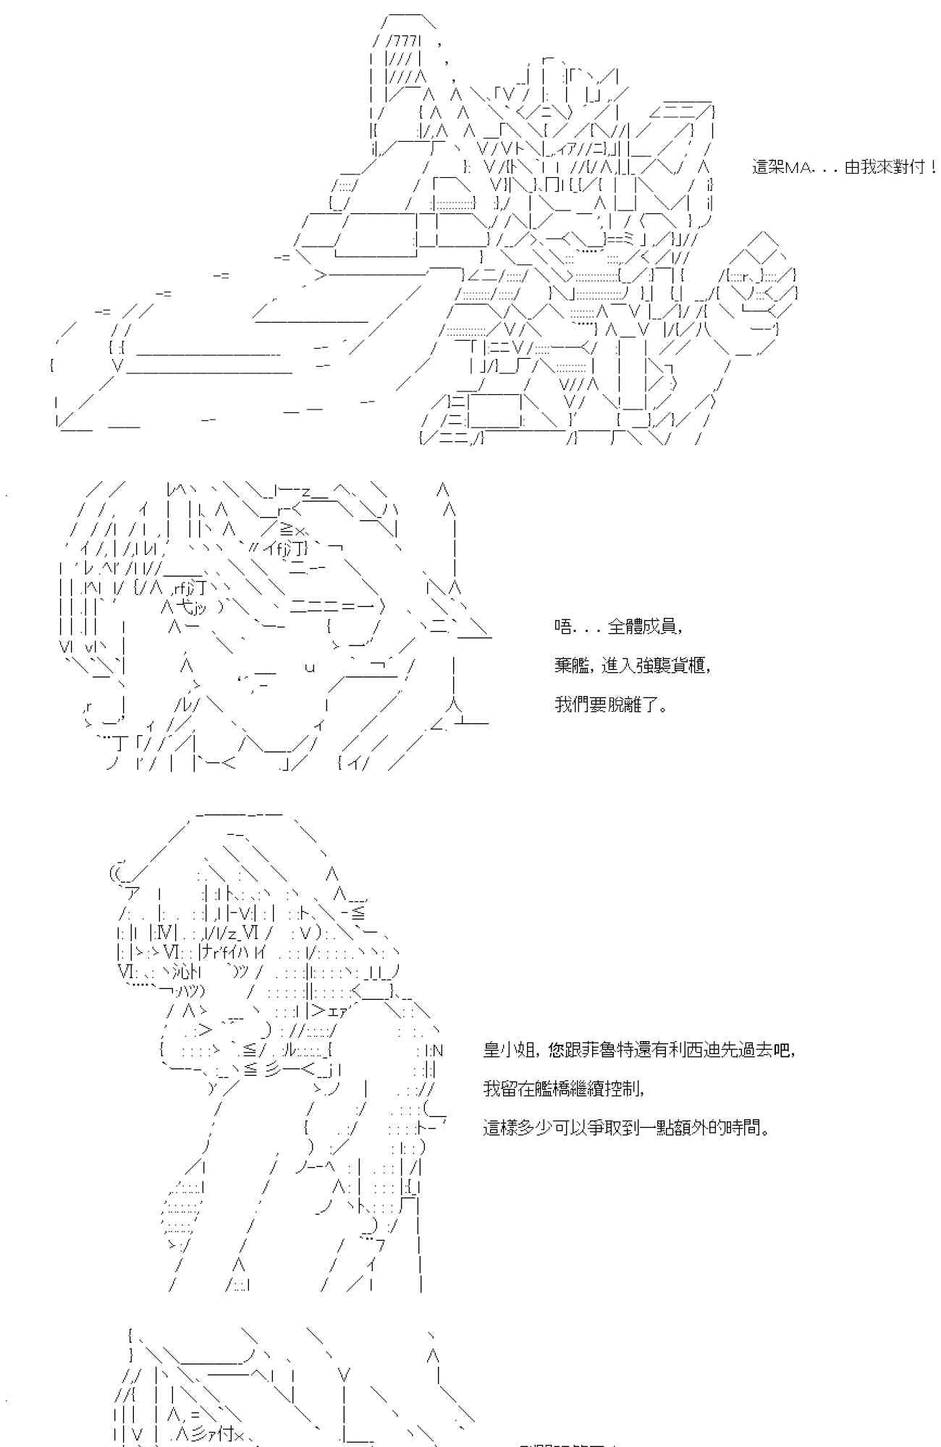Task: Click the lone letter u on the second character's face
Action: tap(310, 667)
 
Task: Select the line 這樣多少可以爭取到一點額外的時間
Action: tap(625, 1127)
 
